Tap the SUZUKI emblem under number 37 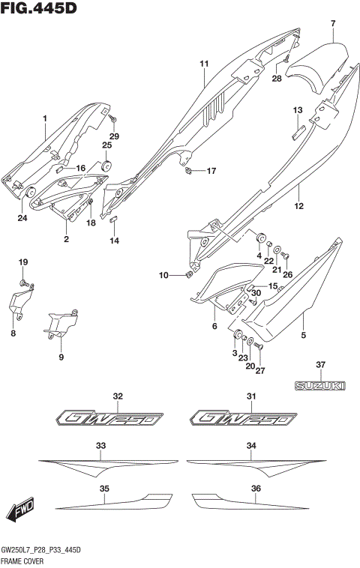(x=320, y=385)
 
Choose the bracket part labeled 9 (x=62, y=323)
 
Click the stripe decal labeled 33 (x=97, y=465)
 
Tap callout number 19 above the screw (x=22, y=262)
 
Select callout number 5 (x=304, y=336)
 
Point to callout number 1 (x=44, y=118)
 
